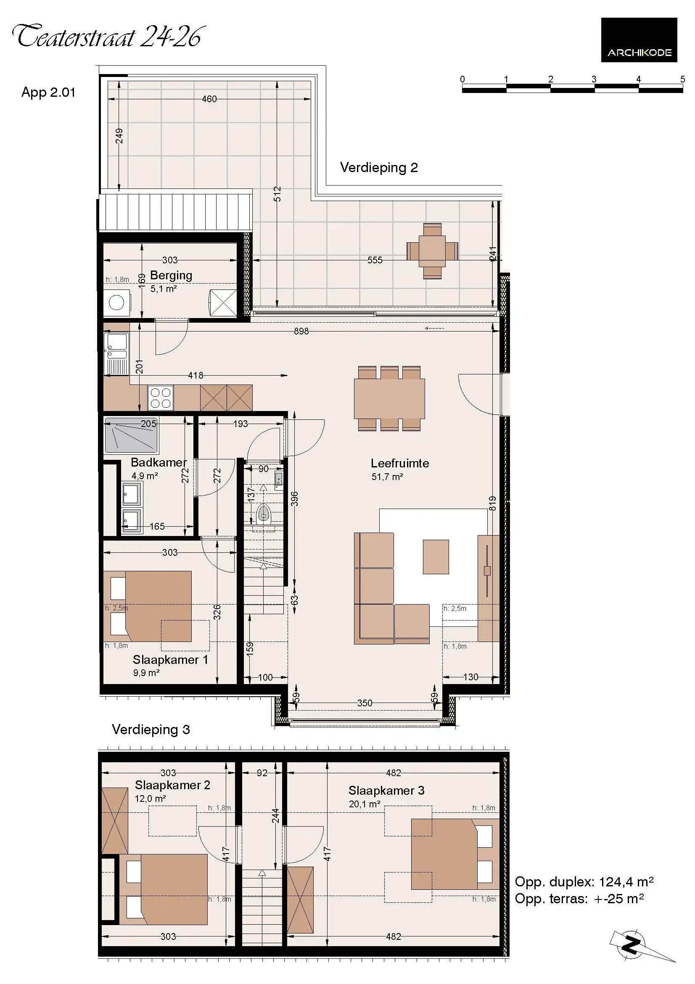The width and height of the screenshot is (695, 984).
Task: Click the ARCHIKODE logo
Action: click(x=639, y=40)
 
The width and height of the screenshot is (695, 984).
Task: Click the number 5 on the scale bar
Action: click(x=682, y=79)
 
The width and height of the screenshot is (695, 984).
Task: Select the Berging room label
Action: click(x=171, y=275)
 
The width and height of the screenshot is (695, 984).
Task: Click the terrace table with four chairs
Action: click(x=432, y=251)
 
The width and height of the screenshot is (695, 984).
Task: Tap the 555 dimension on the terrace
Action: click(x=374, y=260)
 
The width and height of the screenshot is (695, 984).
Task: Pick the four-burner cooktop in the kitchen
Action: click(x=161, y=398)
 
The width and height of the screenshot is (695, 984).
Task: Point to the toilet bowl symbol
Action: click(x=263, y=513)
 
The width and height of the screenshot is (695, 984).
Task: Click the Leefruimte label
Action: click(x=399, y=463)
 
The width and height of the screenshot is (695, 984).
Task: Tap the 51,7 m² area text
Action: click(x=387, y=477)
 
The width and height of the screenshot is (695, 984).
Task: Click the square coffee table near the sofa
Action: click(x=436, y=557)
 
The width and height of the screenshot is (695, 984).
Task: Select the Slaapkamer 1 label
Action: click(x=170, y=660)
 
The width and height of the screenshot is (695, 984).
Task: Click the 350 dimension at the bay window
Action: click(x=365, y=703)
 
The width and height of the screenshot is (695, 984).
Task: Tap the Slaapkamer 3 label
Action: click(x=386, y=790)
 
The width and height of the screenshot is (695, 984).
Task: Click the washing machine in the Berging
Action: click(x=117, y=302)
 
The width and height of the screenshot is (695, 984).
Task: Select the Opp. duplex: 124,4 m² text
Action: click(x=584, y=882)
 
